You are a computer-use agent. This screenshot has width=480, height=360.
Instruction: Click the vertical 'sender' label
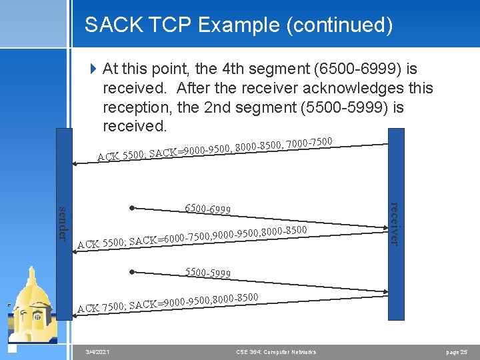click(x=63, y=223)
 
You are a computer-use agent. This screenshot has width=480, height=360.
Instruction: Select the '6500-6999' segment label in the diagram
click(x=207, y=209)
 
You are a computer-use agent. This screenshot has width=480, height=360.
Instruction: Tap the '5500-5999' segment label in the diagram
click(x=207, y=273)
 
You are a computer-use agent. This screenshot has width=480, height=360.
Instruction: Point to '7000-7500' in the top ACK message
click(x=309, y=142)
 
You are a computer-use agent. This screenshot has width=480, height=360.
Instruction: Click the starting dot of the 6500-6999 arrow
click(x=133, y=208)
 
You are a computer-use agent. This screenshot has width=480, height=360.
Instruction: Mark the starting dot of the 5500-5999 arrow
click(x=133, y=272)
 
